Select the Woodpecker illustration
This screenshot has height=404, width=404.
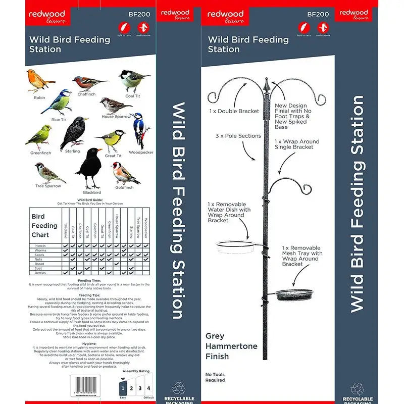(140, 130)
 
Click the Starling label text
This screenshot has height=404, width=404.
(72, 151)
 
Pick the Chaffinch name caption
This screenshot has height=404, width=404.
(86, 94)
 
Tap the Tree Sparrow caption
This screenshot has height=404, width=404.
(48, 186)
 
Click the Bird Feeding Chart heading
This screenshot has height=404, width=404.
(44, 226)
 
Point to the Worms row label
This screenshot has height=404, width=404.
(40, 250)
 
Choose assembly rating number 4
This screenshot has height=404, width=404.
(148, 388)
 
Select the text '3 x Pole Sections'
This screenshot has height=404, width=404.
(238, 136)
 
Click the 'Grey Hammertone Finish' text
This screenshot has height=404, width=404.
(231, 346)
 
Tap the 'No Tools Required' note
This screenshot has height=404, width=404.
(215, 377)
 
